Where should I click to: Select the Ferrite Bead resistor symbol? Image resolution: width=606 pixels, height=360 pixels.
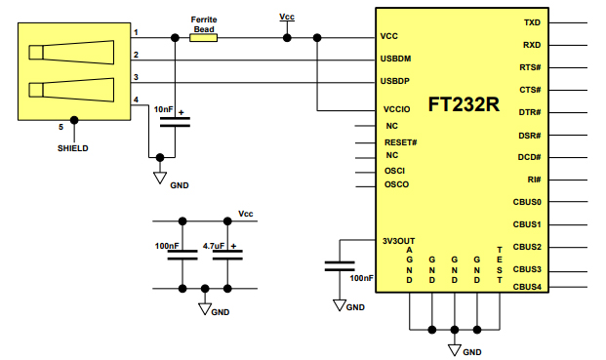(x=204, y=39)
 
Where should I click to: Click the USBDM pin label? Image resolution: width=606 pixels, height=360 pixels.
(x=395, y=58)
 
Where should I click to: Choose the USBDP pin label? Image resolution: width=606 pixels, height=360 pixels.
(x=395, y=80)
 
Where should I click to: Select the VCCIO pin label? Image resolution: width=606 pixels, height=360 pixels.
(x=395, y=110)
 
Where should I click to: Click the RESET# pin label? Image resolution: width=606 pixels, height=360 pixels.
(x=401, y=142)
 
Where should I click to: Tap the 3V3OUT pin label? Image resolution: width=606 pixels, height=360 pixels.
(x=399, y=240)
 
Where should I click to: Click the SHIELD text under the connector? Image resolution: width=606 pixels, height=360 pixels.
(x=73, y=148)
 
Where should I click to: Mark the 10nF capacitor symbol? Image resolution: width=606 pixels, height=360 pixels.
(x=176, y=122)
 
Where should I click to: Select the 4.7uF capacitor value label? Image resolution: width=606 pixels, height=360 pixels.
(x=214, y=246)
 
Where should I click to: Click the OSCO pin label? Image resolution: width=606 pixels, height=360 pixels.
(x=396, y=184)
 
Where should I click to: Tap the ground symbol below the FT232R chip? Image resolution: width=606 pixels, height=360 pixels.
(x=454, y=346)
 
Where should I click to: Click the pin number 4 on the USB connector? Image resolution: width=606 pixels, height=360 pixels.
(x=136, y=100)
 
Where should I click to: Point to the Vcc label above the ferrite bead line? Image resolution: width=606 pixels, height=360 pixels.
(x=286, y=17)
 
